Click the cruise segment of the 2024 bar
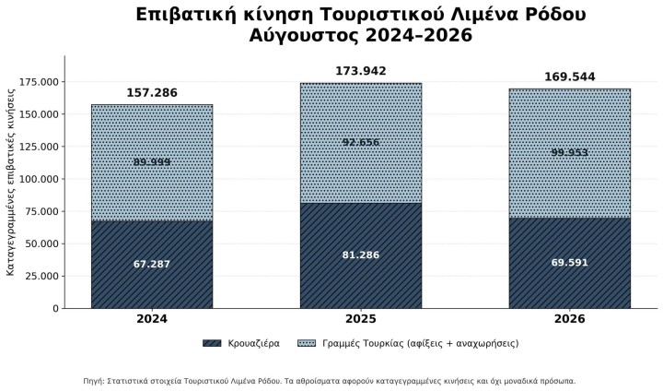pos(152,265)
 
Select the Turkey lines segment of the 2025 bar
pos(361,143)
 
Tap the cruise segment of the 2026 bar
pos(570,263)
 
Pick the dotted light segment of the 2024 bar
pos(152,162)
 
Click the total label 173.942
pos(361,71)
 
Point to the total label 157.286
pos(152,93)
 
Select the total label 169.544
pos(570,77)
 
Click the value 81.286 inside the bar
pos(361,255)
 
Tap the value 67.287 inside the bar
pos(152,265)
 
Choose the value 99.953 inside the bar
pos(570,152)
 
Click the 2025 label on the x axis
pos(361,319)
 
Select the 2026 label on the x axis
pos(570,319)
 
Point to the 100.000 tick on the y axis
pos(40,179)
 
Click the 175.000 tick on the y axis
pos(40,82)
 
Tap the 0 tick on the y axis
pos(56,309)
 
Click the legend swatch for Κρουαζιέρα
pos(212,343)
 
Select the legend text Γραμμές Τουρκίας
pos(363,343)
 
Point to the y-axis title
pos(10,183)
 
